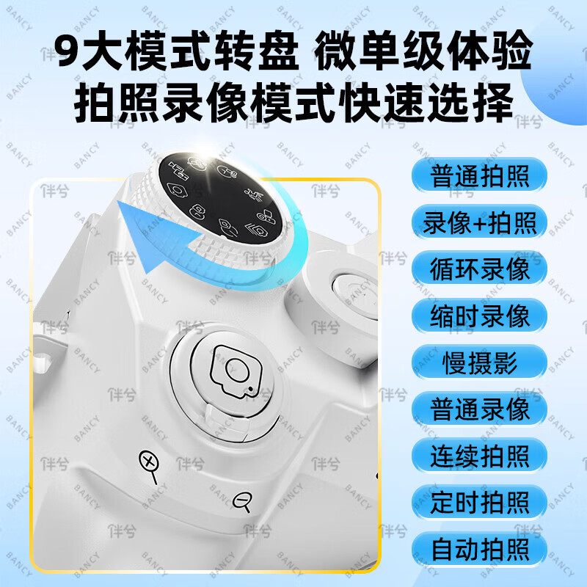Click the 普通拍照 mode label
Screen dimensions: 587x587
click(479, 176)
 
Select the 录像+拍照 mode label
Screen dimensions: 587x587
click(479, 222)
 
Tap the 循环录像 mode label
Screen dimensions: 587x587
click(479, 269)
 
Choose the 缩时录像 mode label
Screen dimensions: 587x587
click(479, 316)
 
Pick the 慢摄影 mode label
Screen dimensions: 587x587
click(479, 363)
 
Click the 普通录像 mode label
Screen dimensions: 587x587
click(479, 409)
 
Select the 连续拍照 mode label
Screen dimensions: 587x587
click(479, 456)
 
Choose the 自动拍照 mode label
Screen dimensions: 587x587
click(479, 550)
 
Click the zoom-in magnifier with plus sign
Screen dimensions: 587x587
click(150, 464)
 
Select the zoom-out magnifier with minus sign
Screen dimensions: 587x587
click(243, 503)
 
